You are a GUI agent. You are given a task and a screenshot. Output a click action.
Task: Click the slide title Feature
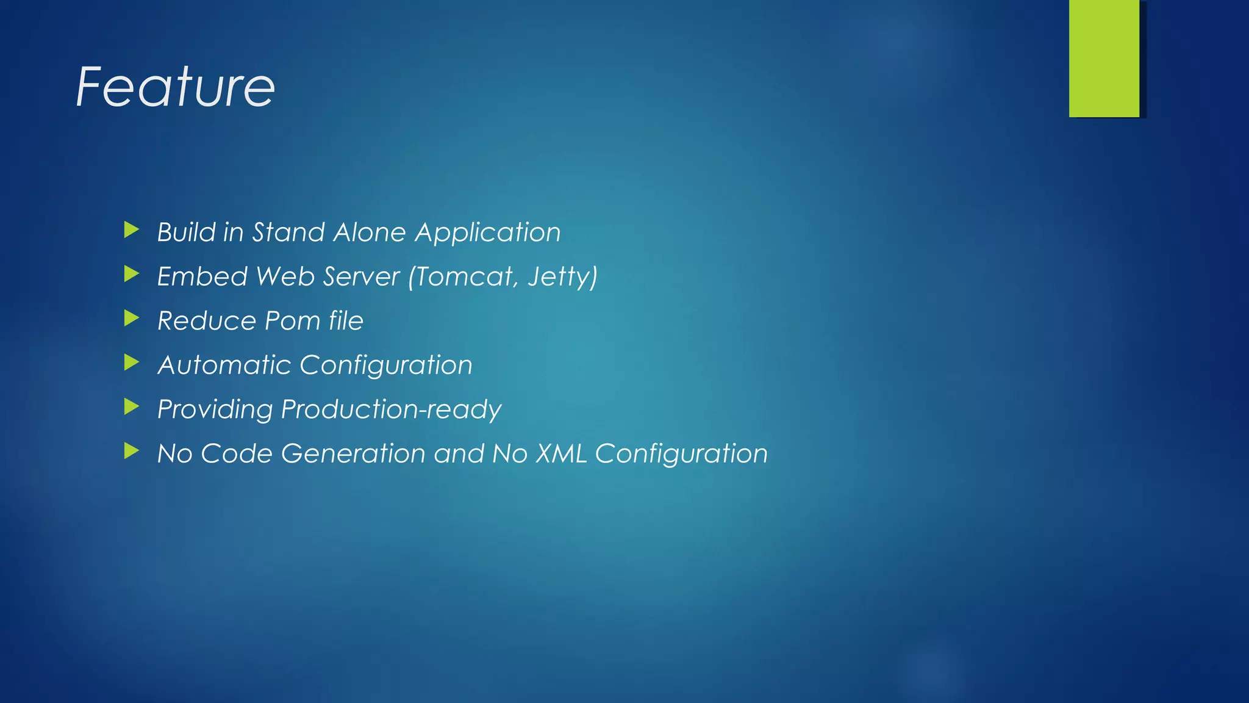click(x=176, y=87)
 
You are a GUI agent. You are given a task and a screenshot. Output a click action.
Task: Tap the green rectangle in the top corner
click(x=1104, y=58)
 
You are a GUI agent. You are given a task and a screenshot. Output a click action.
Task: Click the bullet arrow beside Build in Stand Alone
click(x=131, y=230)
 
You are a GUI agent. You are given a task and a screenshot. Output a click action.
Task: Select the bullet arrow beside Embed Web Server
click(x=131, y=274)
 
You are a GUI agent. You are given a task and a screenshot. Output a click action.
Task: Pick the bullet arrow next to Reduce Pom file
click(x=131, y=318)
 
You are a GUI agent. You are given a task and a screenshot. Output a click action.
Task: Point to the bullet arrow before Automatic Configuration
click(x=131, y=362)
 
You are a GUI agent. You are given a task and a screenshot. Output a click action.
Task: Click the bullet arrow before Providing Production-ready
click(x=131, y=406)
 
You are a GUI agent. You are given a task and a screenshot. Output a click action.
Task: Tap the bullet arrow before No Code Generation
click(x=131, y=451)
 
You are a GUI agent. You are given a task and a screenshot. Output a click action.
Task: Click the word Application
click(x=488, y=233)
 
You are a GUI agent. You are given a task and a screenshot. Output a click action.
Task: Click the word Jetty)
click(x=562, y=277)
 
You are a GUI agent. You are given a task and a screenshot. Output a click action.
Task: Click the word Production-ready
click(x=391, y=409)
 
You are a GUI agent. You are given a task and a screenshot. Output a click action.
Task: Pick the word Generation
click(x=353, y=454)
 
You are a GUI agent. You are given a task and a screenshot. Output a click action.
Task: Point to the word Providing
click(x=215, y=409)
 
